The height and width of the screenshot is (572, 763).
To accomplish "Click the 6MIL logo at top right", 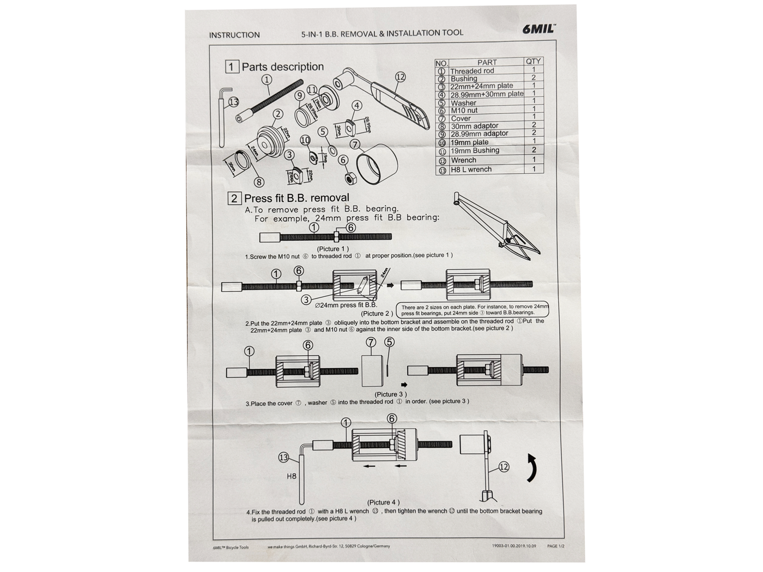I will (x=538, y=29).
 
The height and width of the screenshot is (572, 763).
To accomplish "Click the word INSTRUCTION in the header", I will (x=234, y=35).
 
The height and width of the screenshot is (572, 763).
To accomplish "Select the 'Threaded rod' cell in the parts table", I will (x=472, y=71).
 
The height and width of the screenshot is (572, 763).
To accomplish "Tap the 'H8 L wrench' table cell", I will (x=471, y=169).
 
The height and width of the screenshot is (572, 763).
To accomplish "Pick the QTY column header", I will (x=533, y=62).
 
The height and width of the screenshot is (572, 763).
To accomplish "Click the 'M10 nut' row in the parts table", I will (x=464, y=111).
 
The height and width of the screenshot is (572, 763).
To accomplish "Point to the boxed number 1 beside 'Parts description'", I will (x=232, y=67).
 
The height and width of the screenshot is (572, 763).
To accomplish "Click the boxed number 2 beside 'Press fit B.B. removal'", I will (x=234, y=198).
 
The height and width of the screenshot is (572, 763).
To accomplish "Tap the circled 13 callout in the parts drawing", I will (x=233, y=102).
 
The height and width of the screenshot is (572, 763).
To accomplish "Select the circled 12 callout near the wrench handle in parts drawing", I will (x=400, y=77).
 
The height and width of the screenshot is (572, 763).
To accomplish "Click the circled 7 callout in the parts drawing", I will (x=355, y=144).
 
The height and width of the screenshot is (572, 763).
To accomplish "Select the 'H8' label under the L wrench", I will (x=292, y=476).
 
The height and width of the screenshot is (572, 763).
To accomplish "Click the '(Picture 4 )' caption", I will (x=383, y=502).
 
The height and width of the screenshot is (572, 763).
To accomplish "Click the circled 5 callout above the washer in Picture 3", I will (x=389, y=342).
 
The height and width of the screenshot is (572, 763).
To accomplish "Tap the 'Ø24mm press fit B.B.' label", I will (x=346, y=305).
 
